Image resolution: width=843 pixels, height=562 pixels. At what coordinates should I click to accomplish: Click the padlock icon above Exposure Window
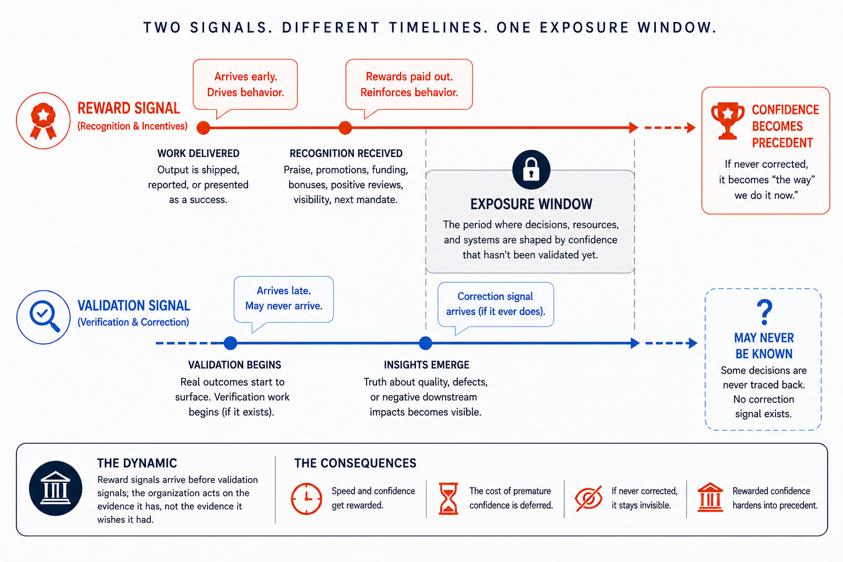[x=531, y=170]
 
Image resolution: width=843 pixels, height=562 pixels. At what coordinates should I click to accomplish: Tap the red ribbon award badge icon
[x=43, y=121]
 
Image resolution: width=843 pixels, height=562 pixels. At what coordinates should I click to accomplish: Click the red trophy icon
[x=727, y=121]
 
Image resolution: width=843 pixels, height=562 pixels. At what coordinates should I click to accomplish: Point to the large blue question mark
[x=765, y=312]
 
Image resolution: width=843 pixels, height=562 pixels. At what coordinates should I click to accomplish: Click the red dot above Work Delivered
[x=203, y=128]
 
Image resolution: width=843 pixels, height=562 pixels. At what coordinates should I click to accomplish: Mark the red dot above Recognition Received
[x=345, y=128]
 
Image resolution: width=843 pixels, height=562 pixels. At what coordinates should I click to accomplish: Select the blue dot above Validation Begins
[x=231, y=343]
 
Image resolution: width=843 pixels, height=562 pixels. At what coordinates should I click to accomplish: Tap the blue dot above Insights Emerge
[x=425, y=343]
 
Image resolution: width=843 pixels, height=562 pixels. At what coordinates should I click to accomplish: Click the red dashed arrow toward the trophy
[x=670, y=128]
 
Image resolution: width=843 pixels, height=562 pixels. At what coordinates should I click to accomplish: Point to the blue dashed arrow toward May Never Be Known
[x=671, y=343]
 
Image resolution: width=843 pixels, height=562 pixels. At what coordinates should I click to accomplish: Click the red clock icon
[x=306, y=499]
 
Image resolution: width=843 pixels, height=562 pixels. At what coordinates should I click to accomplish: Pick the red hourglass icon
[x=448, y=499]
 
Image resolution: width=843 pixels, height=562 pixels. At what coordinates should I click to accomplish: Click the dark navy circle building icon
[x=55, y=488]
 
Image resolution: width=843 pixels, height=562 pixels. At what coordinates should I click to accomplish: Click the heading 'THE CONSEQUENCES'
[x=355, y=463]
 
